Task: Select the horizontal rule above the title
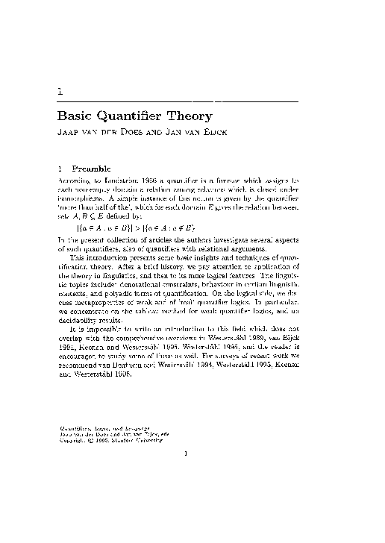pyautogui.click(x=178, y=101)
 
